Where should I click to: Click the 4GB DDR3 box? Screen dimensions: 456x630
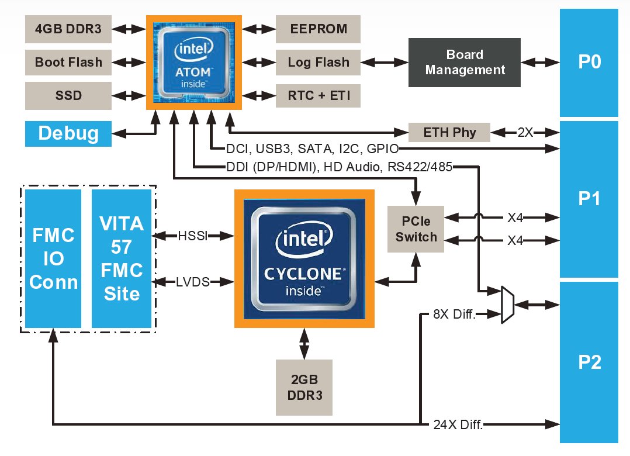[x=68, y=29]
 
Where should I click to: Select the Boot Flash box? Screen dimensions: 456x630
[x=68, y=62]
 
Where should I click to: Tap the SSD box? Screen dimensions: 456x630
[x=68, y=95]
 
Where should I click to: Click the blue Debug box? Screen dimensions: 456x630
[x=68, y=133]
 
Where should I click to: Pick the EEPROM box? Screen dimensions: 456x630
[x=318, y=29]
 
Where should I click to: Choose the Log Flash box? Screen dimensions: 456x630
[x=318, y=62]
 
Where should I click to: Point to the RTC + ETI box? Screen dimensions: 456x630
[x=318, y=95]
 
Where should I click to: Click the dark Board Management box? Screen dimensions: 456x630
[x=465, y=62]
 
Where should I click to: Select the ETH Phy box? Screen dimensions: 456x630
[x=449, y=132]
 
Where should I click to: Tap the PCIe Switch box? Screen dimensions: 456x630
[x=416, y=229]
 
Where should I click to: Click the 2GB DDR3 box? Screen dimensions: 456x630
[x=303, y=387]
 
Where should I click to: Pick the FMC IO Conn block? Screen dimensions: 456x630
[x=53, y=258]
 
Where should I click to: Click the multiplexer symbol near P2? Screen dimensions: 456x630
[x=508, y=304]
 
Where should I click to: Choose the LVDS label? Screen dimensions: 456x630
[x=193, y=282]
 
